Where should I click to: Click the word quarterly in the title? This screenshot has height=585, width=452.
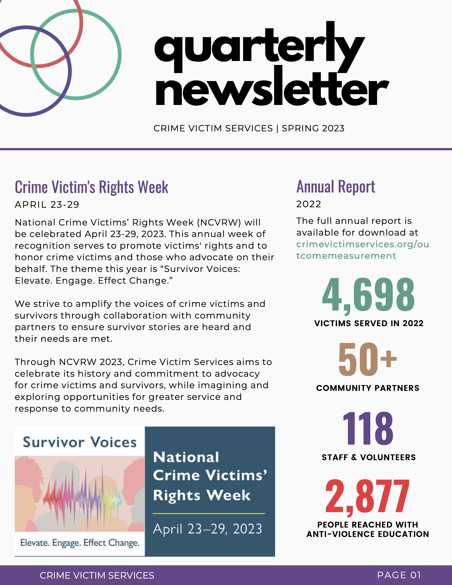click(259, 47)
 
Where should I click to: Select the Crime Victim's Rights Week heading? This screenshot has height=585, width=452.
click(92, 187)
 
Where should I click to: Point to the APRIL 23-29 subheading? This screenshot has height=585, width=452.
click(47, 205)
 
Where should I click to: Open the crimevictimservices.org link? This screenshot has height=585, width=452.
click(362, 250)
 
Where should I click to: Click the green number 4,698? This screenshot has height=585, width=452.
click(368, 295)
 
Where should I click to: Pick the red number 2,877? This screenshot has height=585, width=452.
click(367, 497)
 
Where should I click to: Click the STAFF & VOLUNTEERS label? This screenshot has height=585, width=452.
click(369, 457)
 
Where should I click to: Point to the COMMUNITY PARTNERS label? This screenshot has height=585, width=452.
click(368, 388)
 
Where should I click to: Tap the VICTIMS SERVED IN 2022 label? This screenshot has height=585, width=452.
click(369, 323)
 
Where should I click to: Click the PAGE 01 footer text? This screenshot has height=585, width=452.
click(399, 575)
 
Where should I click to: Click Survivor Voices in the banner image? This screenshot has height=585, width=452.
click(80, 442)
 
